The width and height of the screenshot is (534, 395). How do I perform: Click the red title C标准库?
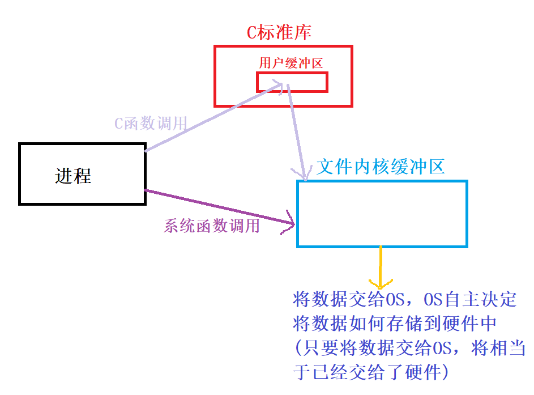[x=279, y=32]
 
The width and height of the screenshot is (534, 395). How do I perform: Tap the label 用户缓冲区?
[x=291, y=63]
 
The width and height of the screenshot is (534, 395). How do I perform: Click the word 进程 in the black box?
[x=73, y=176]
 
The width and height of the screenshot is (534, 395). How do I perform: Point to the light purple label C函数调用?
[x=151, y=124]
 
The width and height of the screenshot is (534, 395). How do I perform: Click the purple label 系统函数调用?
[x=212, y=226]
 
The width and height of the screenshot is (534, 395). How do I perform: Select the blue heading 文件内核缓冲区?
[x=381, y=166]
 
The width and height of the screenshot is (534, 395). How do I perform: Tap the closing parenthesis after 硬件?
[x=447, y=373]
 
